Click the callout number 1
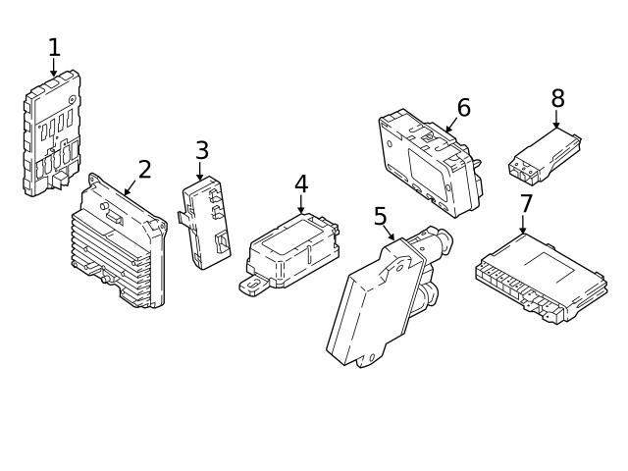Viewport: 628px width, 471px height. coord(54,47)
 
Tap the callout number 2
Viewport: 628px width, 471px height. coord(144,170)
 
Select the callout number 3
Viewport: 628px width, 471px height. coord(201,151)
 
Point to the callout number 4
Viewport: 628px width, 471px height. coord(301,184)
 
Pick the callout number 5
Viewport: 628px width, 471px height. coord(380,217)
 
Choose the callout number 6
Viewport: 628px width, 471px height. coord(463,108)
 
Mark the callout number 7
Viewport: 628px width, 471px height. coord(526,204)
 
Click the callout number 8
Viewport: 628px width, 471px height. coord(557,99)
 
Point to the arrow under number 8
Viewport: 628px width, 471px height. coord(556,122)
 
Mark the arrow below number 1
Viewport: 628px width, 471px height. coord(54,68)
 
